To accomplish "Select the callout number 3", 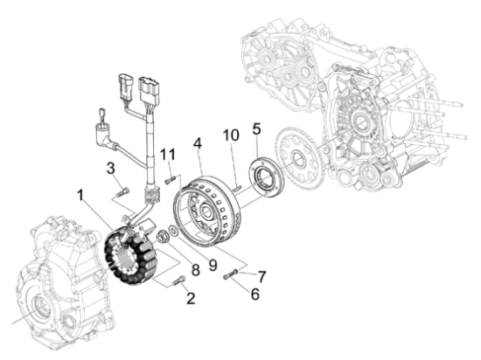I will pyautogui.click(x=112, y=167).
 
